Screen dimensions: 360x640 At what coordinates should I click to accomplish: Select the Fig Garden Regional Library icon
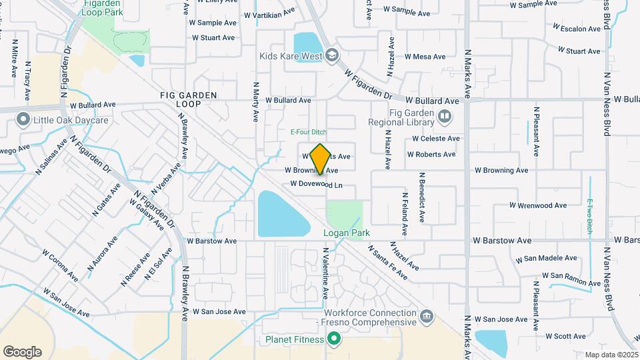coord(444,118)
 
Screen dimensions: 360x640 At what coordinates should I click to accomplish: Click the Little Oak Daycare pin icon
coord(23,121)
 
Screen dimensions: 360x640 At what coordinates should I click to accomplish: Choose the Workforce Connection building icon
coord(426,315)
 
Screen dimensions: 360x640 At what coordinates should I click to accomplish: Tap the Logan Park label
coord(346,233)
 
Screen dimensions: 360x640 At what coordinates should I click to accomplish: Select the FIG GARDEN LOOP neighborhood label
coord(189,100)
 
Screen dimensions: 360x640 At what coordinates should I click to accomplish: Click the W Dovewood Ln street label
coord(316,184)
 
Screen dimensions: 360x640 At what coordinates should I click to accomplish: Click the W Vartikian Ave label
coord(269,13)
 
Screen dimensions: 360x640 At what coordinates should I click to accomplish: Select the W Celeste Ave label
coord(436,139)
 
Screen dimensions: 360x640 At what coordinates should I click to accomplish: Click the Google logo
coord(22,352)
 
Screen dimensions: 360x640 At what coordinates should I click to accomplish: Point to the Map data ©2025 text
coord(611,355)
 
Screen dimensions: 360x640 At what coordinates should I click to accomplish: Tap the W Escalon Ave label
coord(577,28)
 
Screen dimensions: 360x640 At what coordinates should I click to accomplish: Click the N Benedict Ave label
coord(421,196)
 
